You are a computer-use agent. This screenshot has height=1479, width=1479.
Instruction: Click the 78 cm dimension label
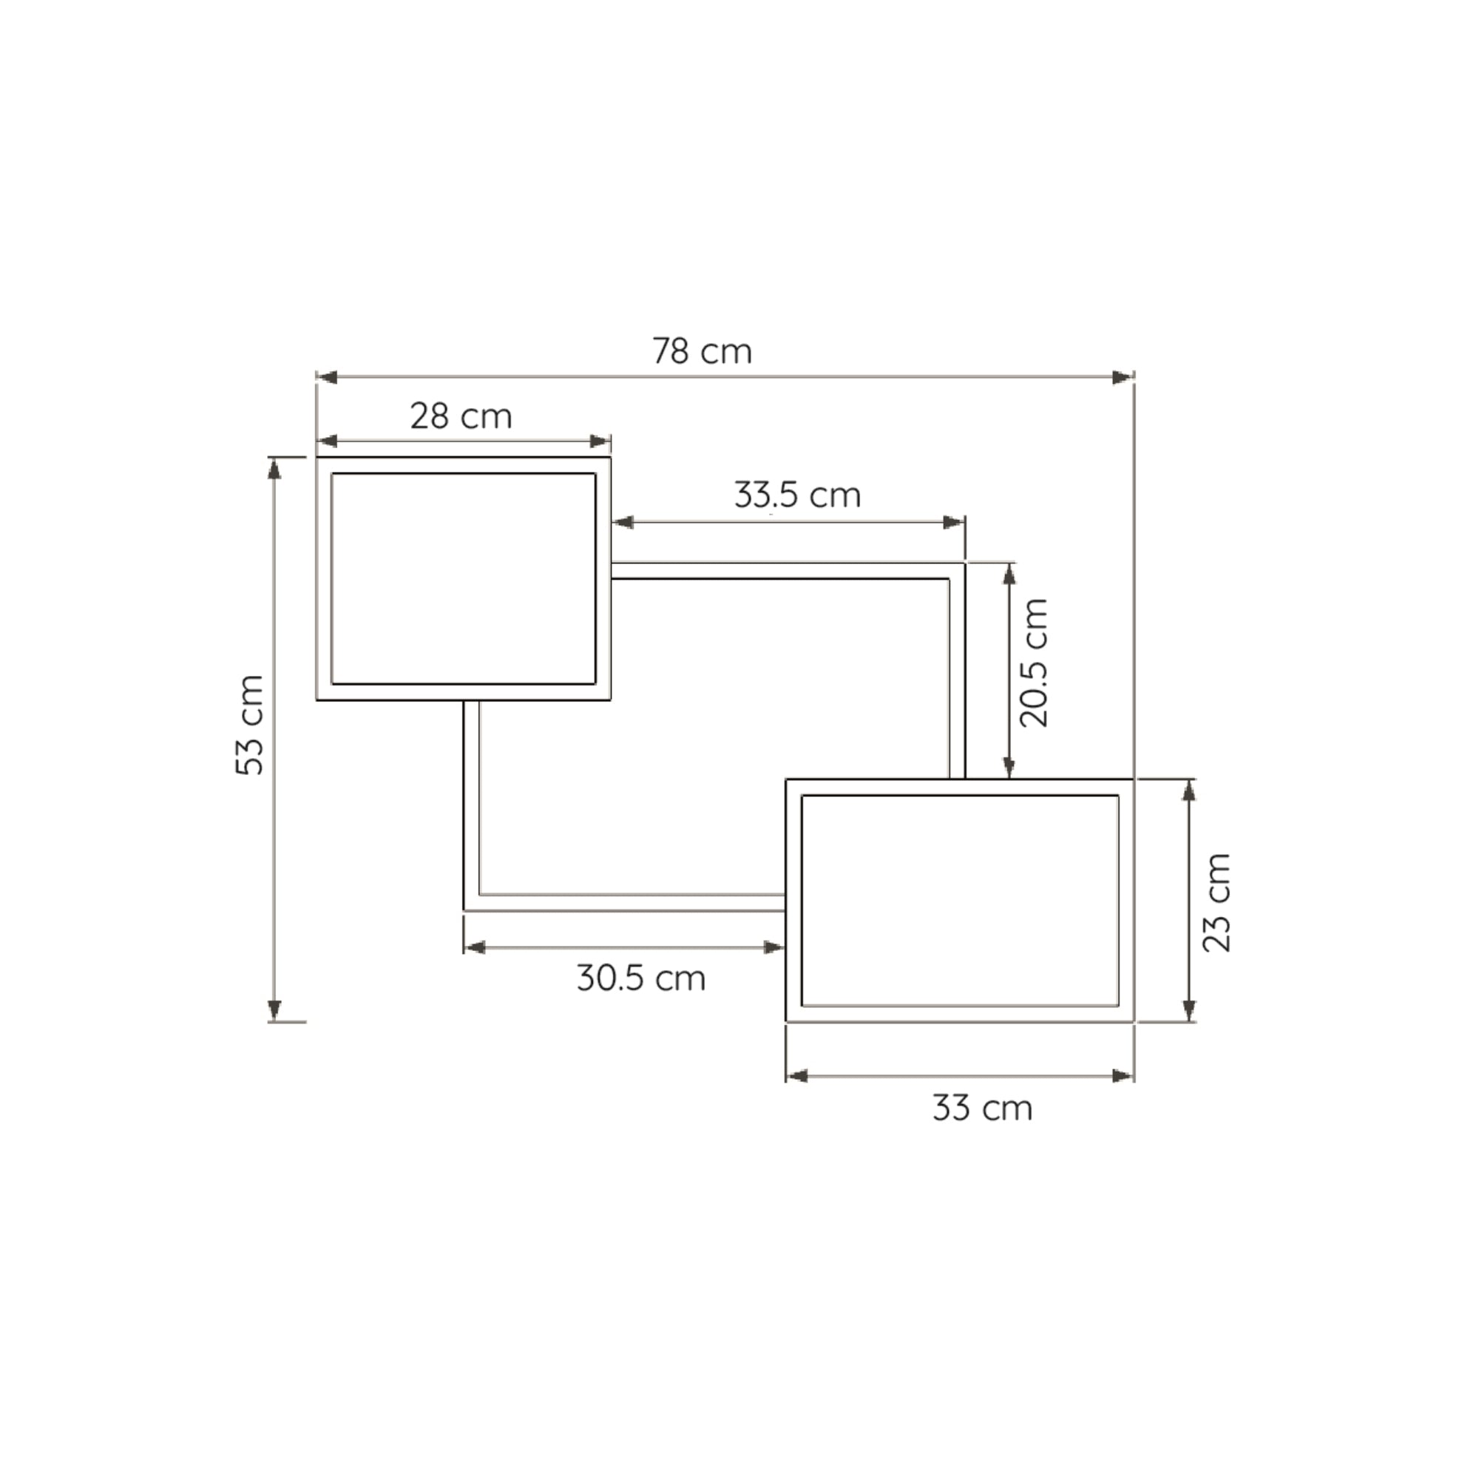point(702,351)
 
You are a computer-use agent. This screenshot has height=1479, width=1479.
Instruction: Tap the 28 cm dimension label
point(461,416)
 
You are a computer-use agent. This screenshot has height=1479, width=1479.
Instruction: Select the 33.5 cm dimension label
point(798,495)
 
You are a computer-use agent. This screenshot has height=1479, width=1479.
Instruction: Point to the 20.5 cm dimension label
point(1034,663)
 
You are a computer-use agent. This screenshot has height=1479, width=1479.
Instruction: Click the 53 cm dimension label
point(249,725)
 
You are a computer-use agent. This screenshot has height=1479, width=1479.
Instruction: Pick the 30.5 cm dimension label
point(640,978)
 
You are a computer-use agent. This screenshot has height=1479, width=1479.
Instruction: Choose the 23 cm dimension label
point(1216,902)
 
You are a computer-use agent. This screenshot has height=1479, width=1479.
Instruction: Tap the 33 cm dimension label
point(982,1108)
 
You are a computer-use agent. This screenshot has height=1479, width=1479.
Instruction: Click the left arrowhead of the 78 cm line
point(327,377)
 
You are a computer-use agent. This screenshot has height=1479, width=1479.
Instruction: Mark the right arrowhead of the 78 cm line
point(1123,377)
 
